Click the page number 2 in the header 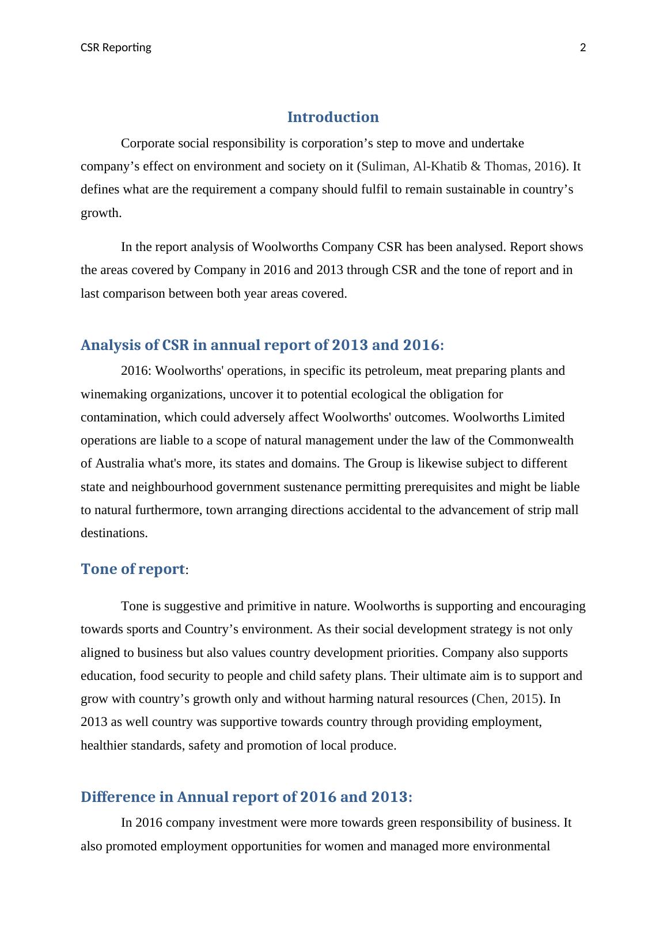(x=582, y=48)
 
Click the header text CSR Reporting (x=116, y=48)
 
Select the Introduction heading (x=333, y=117)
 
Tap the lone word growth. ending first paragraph (x=101, y=213)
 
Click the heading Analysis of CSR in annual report (x=262, y=345)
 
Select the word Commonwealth (x=530, y=440)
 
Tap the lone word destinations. (x=114, y=533)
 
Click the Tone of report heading (x=132, y=569)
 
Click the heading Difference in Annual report (x=247, y=797)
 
